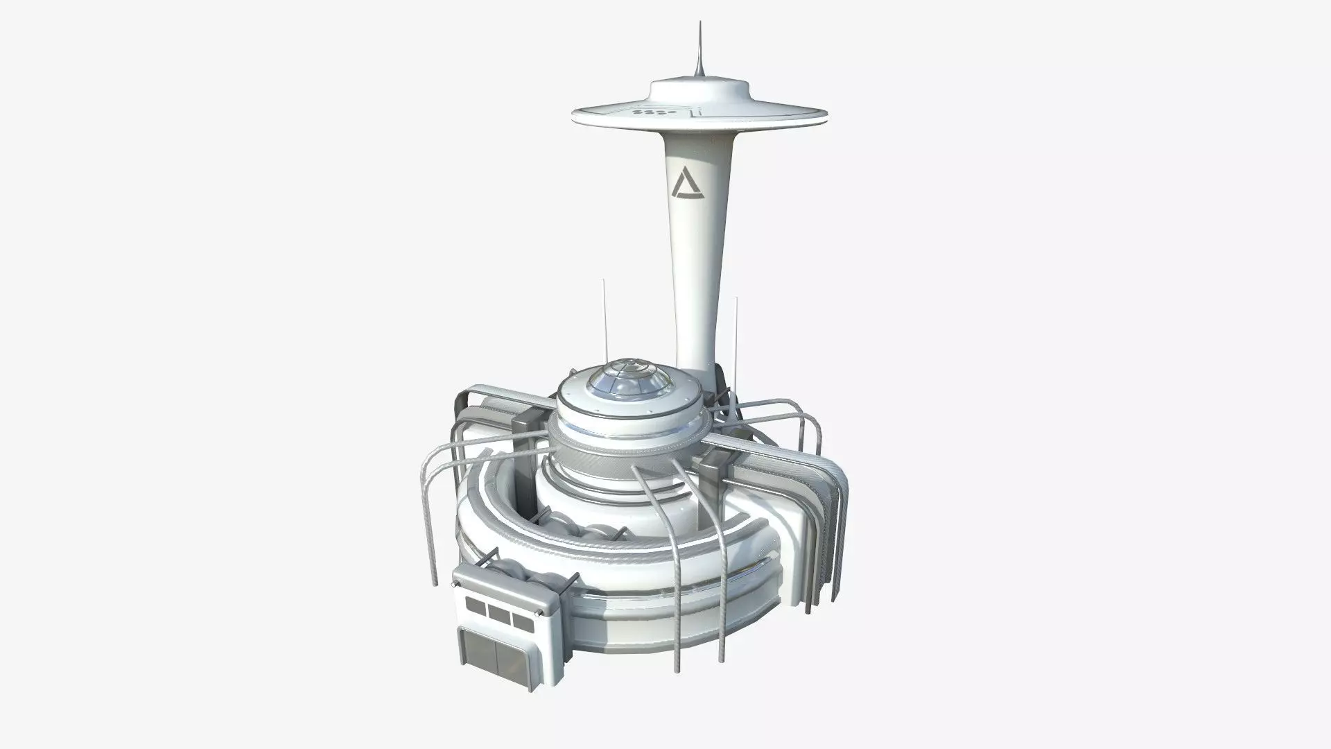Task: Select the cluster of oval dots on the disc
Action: click(x=650, y=112)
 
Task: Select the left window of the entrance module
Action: click(x=476, y=608)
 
